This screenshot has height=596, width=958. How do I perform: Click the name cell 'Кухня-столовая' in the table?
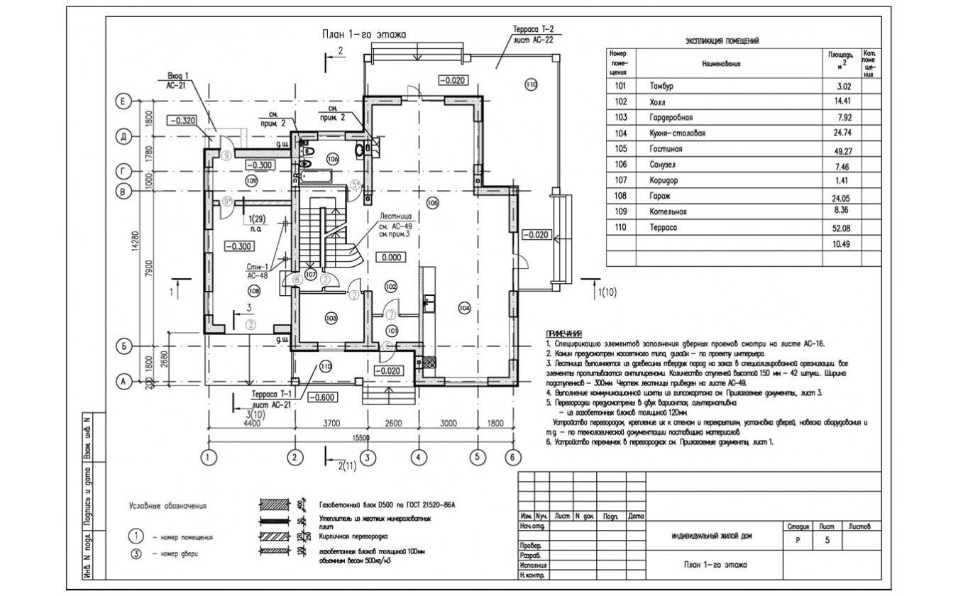pos(677,133)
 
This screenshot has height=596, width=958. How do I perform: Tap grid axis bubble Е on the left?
pos(123,102)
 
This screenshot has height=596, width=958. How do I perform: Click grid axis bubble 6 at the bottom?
pos(512,458)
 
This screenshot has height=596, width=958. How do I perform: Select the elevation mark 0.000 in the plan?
pos(390,258)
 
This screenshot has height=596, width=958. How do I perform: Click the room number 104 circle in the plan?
pos(464,308)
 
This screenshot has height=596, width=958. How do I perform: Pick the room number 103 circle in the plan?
pos(330,317)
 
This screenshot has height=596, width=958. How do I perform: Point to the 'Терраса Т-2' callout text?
pos(533,30)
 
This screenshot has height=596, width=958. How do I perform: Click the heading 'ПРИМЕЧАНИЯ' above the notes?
pos(564,333)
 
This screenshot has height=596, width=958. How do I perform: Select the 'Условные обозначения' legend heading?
pos(167,506)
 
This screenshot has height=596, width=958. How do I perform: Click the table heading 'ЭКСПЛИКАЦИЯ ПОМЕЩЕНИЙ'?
pos(722,41)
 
